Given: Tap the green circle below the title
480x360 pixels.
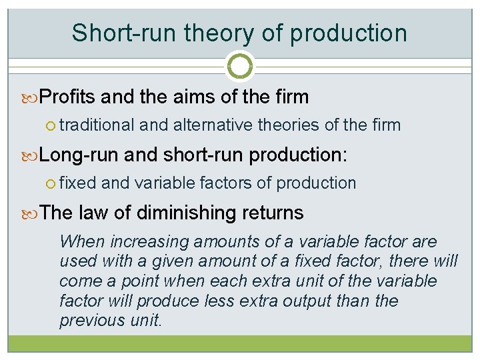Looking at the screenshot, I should point(240,66).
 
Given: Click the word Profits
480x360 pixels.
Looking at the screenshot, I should point(68,97).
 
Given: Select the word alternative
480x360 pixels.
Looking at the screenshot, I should point(211,125).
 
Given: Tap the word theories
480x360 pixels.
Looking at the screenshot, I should point(288,125).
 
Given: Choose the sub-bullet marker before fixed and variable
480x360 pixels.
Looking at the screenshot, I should point(53,183).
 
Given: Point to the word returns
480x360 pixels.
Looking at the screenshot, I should point(273,213).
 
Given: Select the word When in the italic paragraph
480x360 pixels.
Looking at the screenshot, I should point(83,241).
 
